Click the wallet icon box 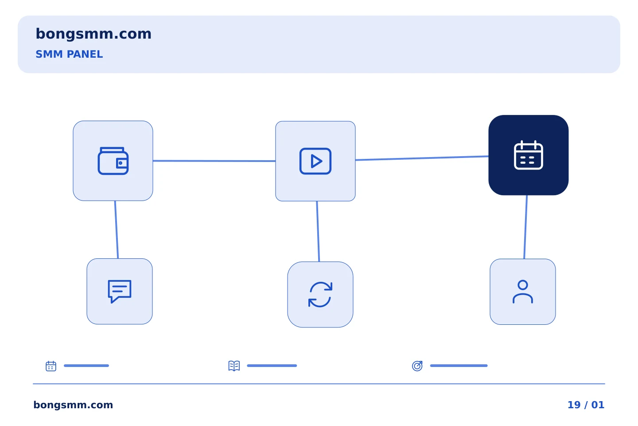tap(113, 161)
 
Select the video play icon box tap(315, 161)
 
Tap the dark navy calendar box tap(528, 155)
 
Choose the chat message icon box tap(120, 292)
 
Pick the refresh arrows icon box tap(320, 295)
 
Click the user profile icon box tap(523, 292)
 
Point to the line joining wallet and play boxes tap(214, 161)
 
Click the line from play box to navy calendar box tap(422, 158)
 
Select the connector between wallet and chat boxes tap(117, 230)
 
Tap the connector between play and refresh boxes tap(318, 231)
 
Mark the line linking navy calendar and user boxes tap(525, 227)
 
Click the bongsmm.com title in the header tap(93, 34)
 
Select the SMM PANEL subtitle tap(69, 54)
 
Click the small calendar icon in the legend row tap(51, 366)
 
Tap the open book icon tap(234, 366)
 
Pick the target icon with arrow tap(417, 366)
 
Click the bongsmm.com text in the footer tap(73, 405)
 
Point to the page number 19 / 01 tap(586, 405)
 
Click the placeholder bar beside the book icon tap(272, 366)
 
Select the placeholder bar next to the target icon tap(459, 366)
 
